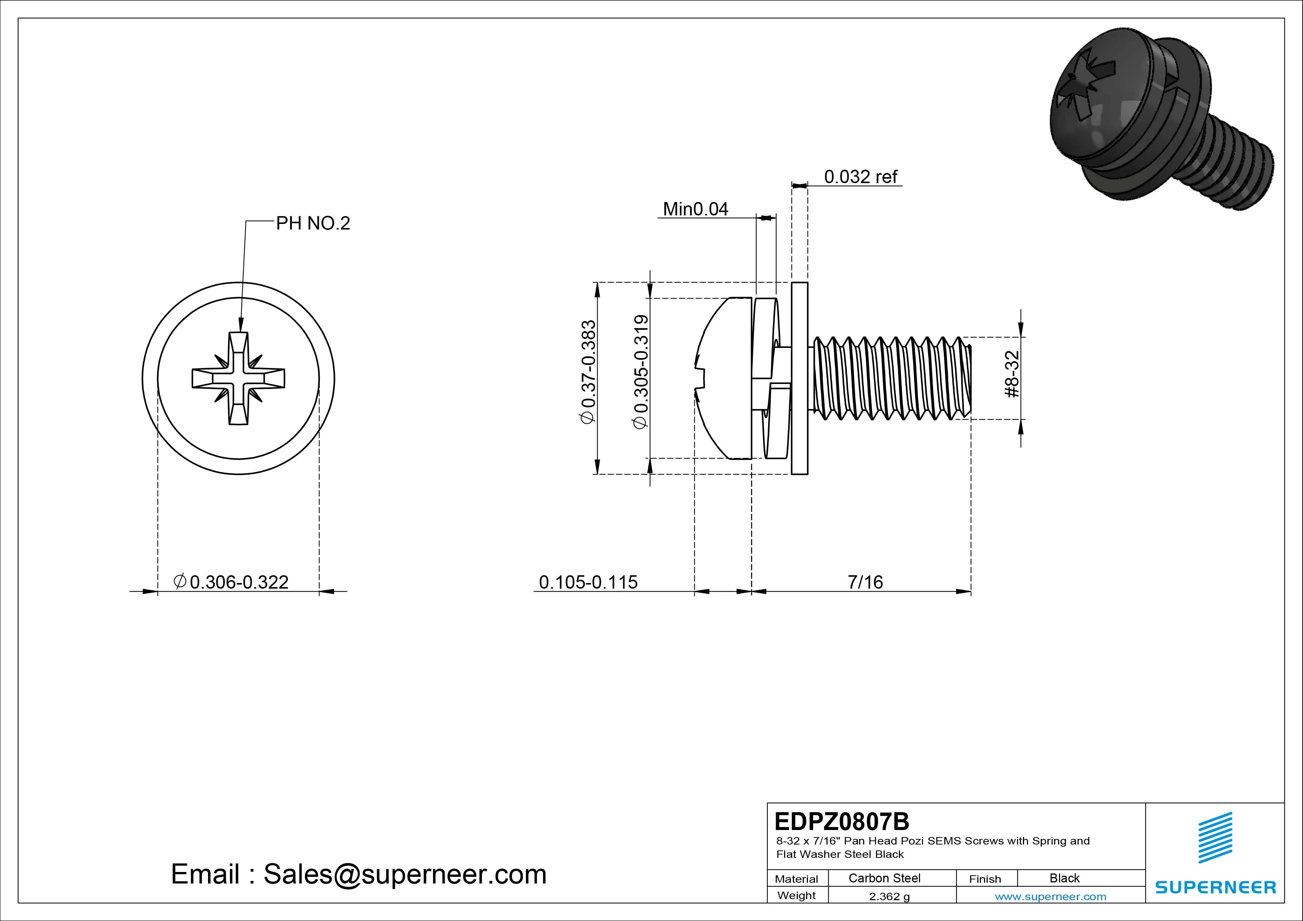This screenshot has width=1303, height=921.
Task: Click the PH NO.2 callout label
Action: [313, 224]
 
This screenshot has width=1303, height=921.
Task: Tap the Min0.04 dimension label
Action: [695, 209]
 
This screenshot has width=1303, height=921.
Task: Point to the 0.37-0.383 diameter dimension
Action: [588, 372]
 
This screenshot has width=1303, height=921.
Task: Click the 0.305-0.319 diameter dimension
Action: [641, 372]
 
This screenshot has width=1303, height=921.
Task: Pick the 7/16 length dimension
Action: [865, 582]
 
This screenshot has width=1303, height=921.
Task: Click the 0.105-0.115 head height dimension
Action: [588, 582]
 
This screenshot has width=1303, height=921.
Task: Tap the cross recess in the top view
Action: [238, 378]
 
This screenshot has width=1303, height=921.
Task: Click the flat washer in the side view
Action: [800, 378]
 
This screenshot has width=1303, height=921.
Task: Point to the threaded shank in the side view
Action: [891, 378]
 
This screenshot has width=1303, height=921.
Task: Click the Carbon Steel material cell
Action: [884, 878]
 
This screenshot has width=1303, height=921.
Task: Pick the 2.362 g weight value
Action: [889, 896]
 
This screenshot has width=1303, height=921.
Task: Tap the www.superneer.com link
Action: [1050, 896]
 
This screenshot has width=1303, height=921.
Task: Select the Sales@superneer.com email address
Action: [404, 875]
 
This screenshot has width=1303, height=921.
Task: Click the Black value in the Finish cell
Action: [1064, 878]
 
